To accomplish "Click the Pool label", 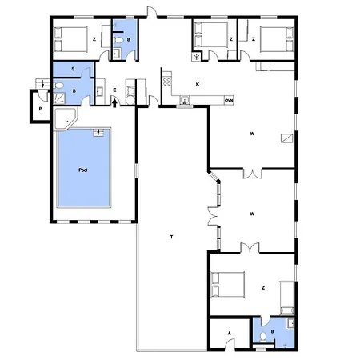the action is [83, 170].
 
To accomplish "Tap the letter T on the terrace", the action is [172, 237].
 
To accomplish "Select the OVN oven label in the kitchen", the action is [229, 101].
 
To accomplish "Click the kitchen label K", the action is [198, 85].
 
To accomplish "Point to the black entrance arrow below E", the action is [114, 103].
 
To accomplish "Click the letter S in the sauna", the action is [73, 69].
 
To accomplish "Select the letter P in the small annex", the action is [40, 109].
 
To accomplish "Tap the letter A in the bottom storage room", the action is [229, 333].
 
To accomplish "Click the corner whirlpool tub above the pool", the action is [66, 118].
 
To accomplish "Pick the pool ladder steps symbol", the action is [98, 133].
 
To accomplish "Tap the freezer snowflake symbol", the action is [197, 57].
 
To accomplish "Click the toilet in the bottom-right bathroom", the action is [263, 337].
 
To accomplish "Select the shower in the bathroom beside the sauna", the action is [59, 98].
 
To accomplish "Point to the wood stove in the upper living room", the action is [287, 138].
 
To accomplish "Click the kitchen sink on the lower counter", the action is [185, 100].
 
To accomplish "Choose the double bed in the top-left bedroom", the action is [70, 39].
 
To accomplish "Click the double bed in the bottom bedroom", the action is [228, 285].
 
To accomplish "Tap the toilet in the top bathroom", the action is [119, 40].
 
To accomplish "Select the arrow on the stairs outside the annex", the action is [43, 84].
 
